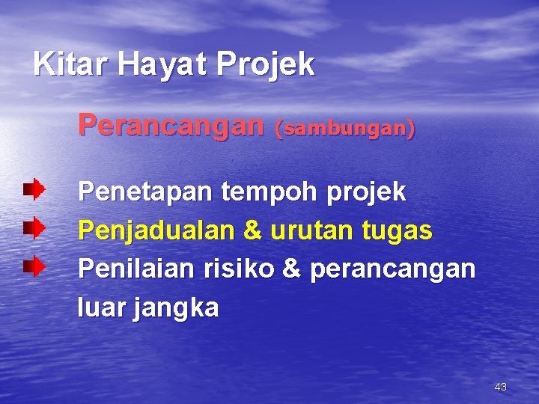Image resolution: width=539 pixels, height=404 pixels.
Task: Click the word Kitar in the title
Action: click(71, 64)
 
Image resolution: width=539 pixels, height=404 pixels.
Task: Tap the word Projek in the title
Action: click(267, 66)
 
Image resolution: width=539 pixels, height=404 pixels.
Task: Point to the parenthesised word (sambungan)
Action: click(345, 129)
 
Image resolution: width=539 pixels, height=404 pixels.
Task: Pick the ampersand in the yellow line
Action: click(254, 231)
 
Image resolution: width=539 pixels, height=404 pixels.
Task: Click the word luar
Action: click(102, 307)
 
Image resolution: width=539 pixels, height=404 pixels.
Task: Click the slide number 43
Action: click(501, 387)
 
